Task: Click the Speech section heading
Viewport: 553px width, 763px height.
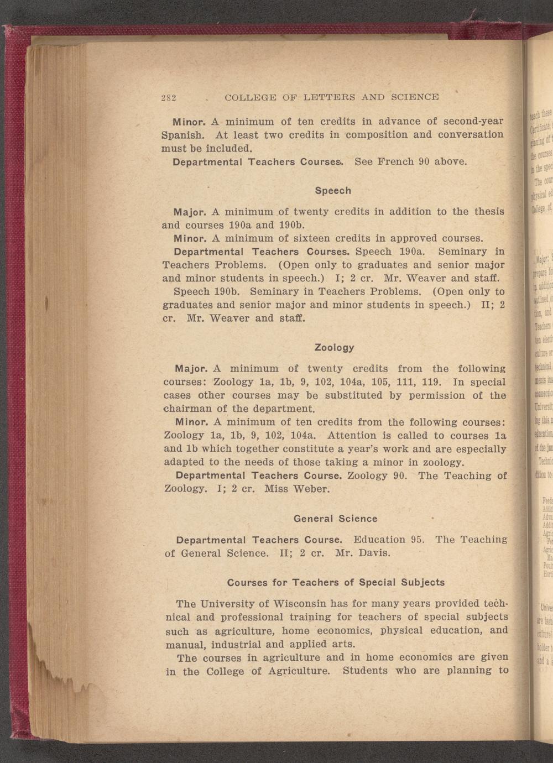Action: coord(333,191)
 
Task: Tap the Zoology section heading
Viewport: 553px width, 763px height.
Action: coord(334,348)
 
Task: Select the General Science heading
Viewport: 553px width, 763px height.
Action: coord(335,519)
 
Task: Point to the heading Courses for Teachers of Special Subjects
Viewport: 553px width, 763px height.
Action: coord(336,582)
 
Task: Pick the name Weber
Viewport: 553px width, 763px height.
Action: coord(313,489)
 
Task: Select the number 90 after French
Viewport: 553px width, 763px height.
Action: coord(424,162)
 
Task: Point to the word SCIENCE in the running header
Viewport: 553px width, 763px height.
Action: coord(415,97)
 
